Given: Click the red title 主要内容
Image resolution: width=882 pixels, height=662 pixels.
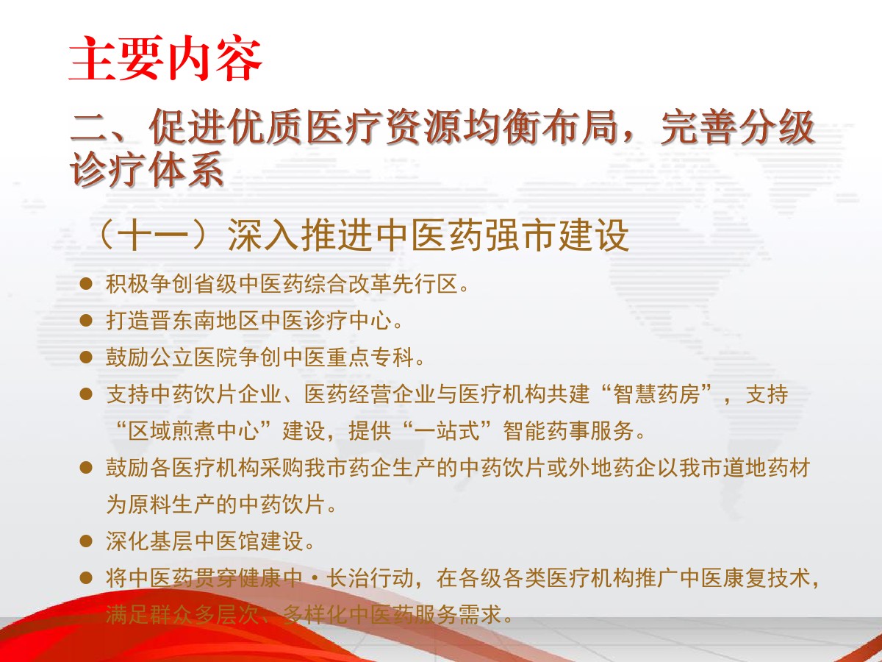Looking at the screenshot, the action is coord(165,58).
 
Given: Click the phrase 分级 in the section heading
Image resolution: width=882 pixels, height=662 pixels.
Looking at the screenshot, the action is coord(777,128).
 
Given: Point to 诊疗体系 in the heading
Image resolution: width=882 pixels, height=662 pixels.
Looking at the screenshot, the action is coord(147,169).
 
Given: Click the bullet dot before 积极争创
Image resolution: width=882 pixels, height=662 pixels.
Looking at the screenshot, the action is coord(86,284).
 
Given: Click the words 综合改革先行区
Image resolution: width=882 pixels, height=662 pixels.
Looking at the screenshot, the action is coord(381,284).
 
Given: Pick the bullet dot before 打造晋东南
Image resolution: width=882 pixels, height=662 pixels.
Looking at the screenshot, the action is coord(86,321).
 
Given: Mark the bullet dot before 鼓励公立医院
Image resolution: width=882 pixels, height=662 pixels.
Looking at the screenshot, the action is coord(86,357).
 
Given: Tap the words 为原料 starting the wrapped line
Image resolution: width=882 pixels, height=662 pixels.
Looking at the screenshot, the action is coord(139,505).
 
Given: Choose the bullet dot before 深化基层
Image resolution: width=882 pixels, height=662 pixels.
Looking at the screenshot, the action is coord(86,541).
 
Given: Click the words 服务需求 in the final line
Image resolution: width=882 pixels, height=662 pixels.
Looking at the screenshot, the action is coord(458,615).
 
